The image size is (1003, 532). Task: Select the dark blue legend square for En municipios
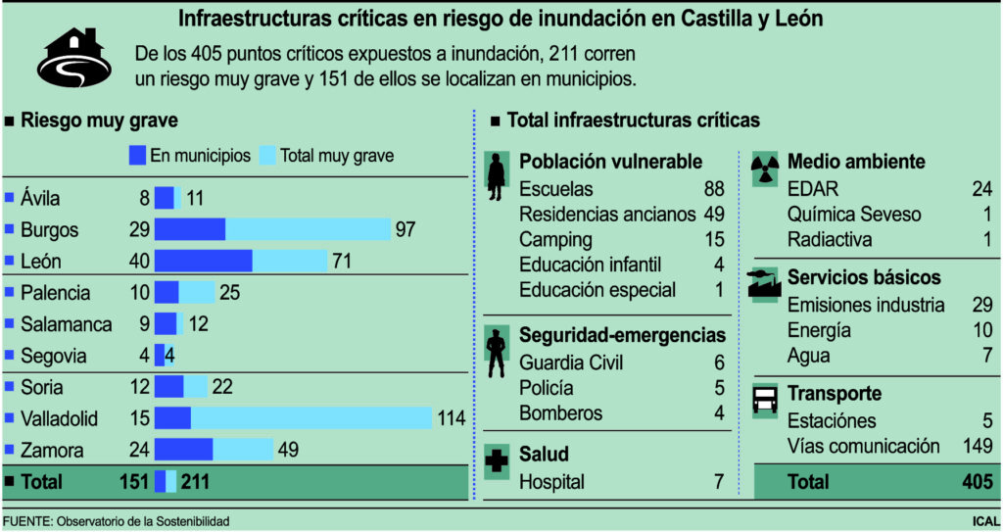click(138, 155)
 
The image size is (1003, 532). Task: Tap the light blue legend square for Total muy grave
click(267, 155)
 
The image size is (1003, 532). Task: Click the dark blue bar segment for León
click(203, 261)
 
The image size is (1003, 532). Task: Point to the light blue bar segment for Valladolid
click(311, 418)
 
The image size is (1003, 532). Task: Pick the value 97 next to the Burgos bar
click(406, 229)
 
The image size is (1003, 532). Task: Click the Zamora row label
click(52, 451)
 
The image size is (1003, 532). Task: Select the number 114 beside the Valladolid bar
click(451, 418)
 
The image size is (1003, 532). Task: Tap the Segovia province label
click(54, 356)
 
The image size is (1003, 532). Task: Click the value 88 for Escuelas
click(713, 189)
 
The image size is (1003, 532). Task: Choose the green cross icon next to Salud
click(498, 462)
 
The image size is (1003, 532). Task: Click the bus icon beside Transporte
click(764, 400)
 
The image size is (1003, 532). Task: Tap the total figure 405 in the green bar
click(977, 481)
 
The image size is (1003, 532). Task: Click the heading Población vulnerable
click(610, 162)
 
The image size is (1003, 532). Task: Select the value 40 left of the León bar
click(139, 261)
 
